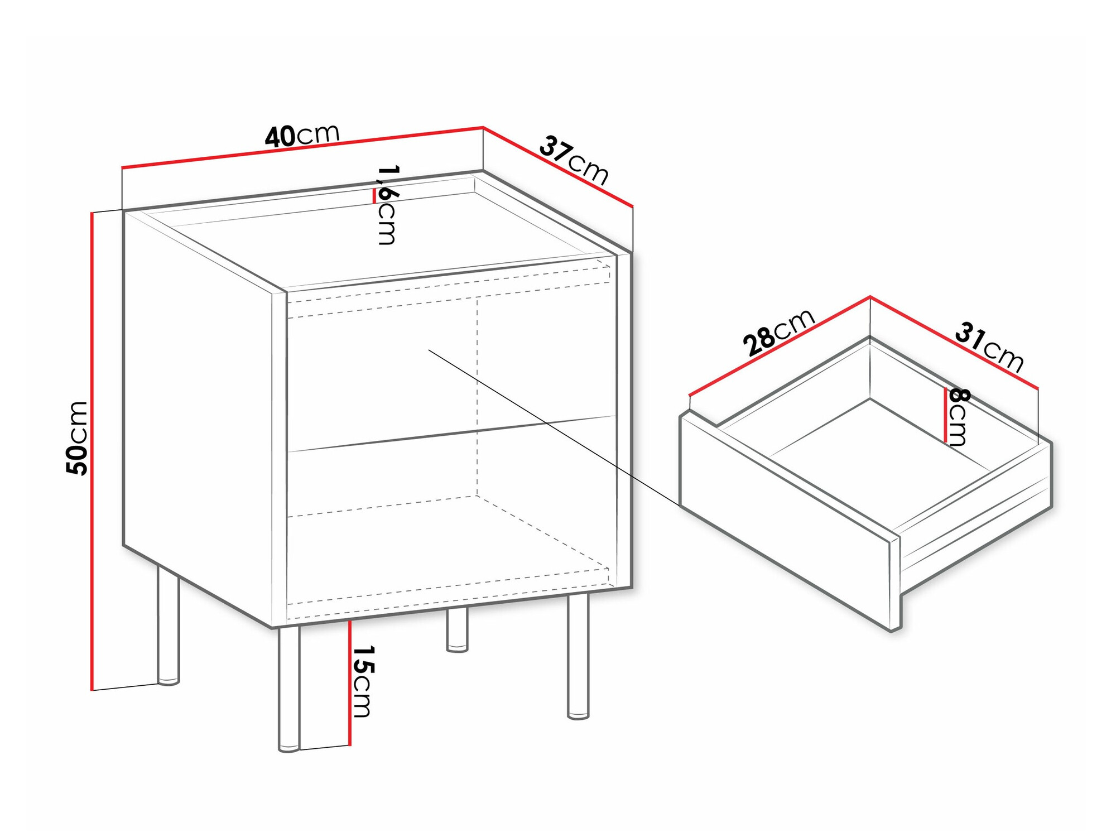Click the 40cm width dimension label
(x=302, y=135)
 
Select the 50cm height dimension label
(x=77, y=438)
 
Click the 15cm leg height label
(x=363, y=681)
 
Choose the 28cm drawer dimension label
(x=778, y=331)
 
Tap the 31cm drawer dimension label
(x=989, y=347)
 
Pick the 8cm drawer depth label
(x=958, y=417)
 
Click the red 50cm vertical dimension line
(x=92, y=446)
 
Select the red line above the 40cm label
(x=301, y=148)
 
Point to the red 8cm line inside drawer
(x=945, y=415)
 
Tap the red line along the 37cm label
(x=558, y=167)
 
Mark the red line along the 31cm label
(x=954, y=341)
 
